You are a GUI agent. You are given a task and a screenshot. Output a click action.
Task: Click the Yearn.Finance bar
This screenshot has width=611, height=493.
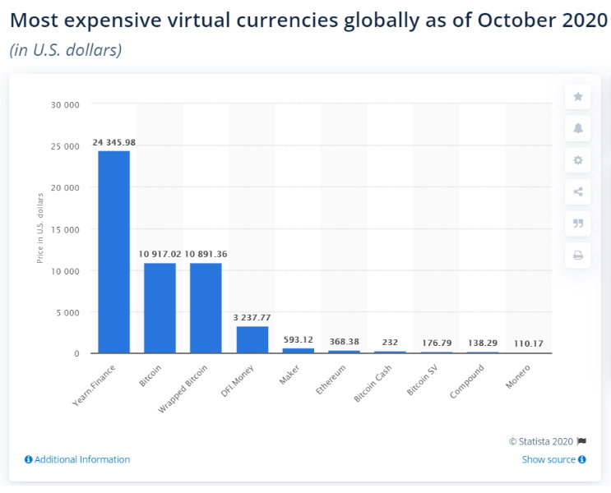[x=113, y=252]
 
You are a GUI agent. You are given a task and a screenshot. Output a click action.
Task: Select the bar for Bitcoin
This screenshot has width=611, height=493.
[x=160, y=308]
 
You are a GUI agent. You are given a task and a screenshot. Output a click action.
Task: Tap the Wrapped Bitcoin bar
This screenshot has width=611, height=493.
[x=206, y=308]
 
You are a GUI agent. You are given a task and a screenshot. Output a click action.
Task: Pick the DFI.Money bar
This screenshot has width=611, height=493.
[x=252, y=339]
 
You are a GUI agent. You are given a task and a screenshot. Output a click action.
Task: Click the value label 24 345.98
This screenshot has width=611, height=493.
[x=114, y=142]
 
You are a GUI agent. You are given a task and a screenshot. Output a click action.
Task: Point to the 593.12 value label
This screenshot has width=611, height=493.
[x=298, y=339]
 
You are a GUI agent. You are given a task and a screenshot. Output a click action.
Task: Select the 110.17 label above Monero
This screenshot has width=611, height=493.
[x=529, y=343]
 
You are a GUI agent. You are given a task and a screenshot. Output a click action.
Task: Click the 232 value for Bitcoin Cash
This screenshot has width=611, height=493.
[x=390, y=343]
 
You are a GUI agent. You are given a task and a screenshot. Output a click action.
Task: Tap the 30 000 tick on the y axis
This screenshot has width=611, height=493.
[x=65, y=104]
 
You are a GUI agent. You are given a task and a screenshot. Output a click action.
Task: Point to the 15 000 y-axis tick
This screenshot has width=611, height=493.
[x=65, y=230]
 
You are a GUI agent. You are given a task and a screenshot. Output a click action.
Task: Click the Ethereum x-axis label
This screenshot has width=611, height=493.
[x=331, y=380]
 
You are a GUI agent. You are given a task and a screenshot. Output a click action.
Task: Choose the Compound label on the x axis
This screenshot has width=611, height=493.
[x=467, y=381]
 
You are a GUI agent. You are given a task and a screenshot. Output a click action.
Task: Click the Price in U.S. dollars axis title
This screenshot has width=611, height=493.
[x=39, y=228]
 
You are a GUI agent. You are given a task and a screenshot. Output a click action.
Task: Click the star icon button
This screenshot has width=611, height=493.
[x=578, y=97]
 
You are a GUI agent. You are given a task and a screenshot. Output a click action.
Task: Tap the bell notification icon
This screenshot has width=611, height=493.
[x=578, y=128]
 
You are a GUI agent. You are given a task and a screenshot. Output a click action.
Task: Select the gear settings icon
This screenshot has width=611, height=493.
[x=578, y=160]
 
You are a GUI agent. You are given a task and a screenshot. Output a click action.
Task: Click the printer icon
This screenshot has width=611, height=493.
[x=578, y=256]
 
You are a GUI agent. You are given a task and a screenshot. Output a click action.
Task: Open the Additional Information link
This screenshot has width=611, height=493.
[x=77, y=459]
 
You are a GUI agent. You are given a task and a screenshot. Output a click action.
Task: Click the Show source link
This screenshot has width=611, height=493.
[x=553, y=459]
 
